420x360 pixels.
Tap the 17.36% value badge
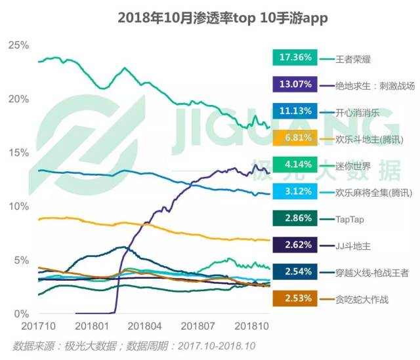pyautogui.click(x=295, y=58)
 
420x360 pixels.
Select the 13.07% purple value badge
pyautogui.click(x=295, y=85)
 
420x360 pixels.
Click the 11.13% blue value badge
pyautogui.click(x=295, y=111)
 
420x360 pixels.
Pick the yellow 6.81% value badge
pyautogui.click(x=295, y=138)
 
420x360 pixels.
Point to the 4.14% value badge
pyautogui.click(x=295, y=165)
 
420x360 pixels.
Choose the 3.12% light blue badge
pyautogui.click(x=295, y=191)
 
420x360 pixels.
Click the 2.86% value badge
pyautogui.click(x=295, y=218)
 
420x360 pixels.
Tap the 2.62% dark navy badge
pyautogui.click(x=295, y=245)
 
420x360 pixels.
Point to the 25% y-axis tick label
pyautogui.click(x=18, y=45)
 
